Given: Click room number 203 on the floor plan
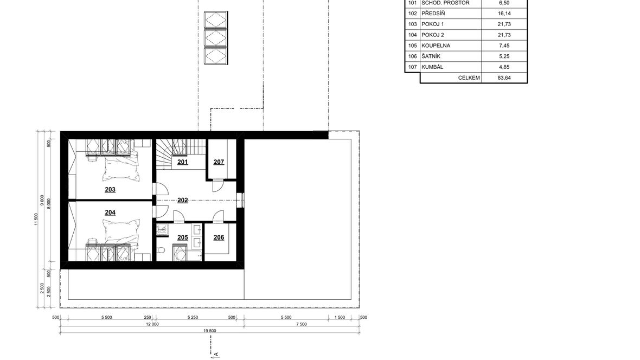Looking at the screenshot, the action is tap(110, 189).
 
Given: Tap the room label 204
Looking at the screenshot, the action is tap(110, 212).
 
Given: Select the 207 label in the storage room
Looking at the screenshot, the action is tap(219, 162).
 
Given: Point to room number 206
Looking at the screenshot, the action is tap(219, 237).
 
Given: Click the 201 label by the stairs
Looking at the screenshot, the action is tap(182, 162).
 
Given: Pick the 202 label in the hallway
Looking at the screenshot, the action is tap(182, 200).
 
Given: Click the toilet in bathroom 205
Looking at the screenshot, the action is tap(161, 249).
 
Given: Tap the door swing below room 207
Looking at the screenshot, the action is tap(217, 186).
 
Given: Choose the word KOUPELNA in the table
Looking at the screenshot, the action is tap(436, 46).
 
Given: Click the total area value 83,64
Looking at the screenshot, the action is tap(504, 78).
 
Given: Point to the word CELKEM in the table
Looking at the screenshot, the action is tap(469, 78).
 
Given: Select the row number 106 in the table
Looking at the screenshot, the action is tap(413, 56).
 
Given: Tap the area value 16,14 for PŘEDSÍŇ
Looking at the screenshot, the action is tap(504, 14).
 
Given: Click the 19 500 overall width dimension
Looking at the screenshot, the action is tap(210, 331).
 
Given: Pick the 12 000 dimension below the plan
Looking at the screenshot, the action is tap(152, 325).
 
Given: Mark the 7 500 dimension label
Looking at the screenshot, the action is tap(301, 325).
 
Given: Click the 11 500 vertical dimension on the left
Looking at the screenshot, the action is tap(36, 219).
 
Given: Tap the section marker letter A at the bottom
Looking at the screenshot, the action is tap(216, 355).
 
